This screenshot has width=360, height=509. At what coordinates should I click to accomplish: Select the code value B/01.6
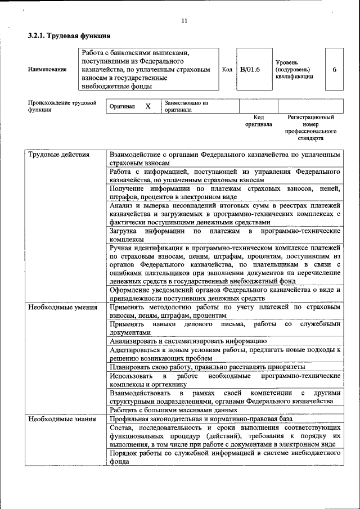click(249, 69)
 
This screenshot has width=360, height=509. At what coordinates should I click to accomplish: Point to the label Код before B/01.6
click(227, 70)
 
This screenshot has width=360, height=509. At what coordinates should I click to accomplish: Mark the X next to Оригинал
click(148, 106)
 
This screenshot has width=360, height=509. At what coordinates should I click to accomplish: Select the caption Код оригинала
click(258, 120)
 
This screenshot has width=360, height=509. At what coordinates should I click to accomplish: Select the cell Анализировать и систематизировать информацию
click(187, 341)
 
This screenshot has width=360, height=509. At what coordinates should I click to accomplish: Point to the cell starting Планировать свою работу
click(208, 367)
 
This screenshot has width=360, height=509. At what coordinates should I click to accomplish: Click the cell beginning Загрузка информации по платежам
click(224, 235)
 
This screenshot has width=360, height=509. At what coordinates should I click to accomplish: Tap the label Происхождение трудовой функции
click(62, 106)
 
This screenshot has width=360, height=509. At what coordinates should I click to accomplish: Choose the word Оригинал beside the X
click(122, 106)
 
